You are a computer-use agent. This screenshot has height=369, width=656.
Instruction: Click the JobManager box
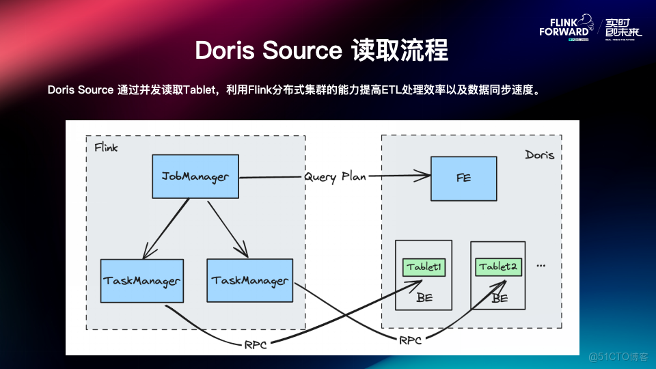coord(195,176)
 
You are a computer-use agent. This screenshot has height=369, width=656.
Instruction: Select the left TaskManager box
coord(142,280)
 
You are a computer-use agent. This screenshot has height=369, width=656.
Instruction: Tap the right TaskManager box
coord(249,280)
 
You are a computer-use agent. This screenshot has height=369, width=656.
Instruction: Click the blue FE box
coord(464,178)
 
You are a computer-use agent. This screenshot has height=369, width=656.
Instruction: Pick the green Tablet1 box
coord(424,266)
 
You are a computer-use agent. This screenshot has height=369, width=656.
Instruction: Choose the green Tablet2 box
coord(497,266)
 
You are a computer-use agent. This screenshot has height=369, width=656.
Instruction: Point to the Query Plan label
coord(335,177)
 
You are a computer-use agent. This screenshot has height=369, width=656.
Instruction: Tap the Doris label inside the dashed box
coord(539,155)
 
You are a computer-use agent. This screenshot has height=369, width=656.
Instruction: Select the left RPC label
coord(255,344)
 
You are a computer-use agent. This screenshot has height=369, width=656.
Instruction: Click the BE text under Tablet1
coord(424,297)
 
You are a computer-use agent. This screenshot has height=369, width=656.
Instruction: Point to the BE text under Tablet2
coord(500,298)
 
